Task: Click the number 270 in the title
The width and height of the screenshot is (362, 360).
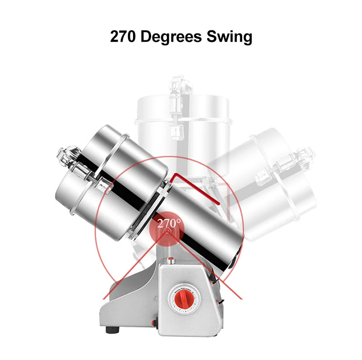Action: pos(122,37)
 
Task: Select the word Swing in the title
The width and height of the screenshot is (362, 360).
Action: pos(229,38)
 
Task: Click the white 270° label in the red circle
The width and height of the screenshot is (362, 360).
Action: pos(169,223)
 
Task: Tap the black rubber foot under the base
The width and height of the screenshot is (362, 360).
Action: pos(113,330)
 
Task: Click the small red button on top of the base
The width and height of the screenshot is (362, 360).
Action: pos(171,260)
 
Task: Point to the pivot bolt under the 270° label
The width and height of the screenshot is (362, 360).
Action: pos(167,232)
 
